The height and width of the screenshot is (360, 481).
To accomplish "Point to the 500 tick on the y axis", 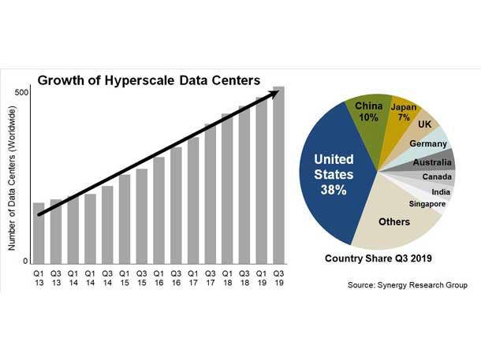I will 22,93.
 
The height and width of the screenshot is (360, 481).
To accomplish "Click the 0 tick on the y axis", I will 25,261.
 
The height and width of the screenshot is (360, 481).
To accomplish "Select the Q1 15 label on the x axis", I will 124,279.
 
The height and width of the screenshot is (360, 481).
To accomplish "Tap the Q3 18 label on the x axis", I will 244,279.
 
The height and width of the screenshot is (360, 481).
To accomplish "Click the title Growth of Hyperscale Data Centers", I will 150,80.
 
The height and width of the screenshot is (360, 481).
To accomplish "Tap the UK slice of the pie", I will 425,127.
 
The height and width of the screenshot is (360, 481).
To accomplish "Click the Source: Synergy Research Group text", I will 407,285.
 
